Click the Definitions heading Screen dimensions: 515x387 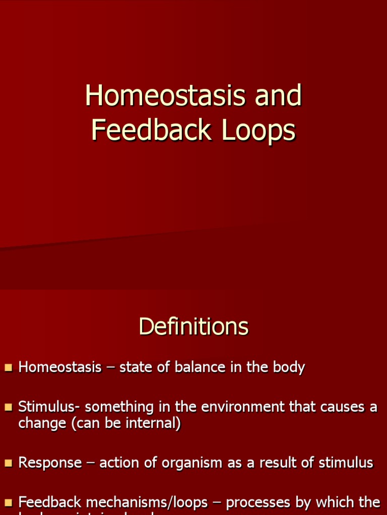193,326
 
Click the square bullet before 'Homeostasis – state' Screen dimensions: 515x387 8,368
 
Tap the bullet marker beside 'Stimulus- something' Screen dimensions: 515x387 8,407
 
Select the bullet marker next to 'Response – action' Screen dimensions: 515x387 8,463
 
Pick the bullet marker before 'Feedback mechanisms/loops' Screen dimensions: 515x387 8,503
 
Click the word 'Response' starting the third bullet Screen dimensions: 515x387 50,463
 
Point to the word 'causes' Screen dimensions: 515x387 344,407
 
